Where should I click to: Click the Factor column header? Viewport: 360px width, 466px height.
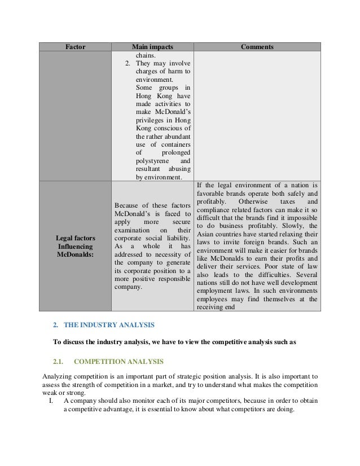(x=75, y=47)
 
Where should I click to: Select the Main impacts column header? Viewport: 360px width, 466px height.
(x=152, y=47)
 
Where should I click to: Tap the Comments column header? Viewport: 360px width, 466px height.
(x=257, y=47)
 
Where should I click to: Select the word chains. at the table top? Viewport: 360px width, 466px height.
(x=146, y=55)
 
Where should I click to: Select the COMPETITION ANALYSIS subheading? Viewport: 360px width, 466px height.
(x=118, y=361)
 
